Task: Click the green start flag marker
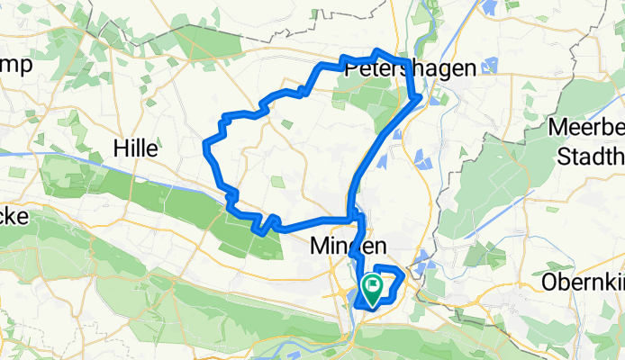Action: click(x=372, y=286)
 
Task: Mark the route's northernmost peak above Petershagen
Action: click(x=377, y=50)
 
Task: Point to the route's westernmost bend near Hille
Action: click(x=207, y=144)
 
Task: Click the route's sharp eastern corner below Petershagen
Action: click(x=420, y=97)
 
